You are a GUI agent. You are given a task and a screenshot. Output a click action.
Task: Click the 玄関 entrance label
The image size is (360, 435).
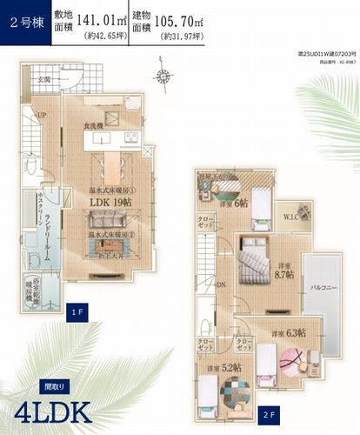43,81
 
